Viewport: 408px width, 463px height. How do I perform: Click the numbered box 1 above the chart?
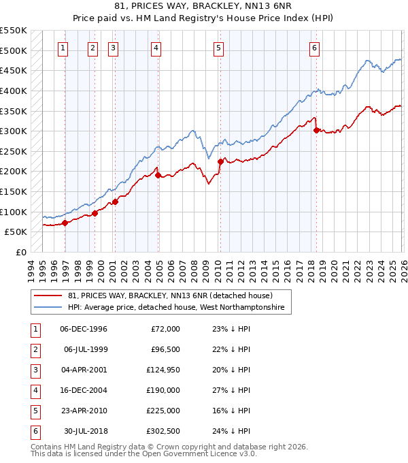click(63, 48)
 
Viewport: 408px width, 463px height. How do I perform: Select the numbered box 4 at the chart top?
click(156, 48)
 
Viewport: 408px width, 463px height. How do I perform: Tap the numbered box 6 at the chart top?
click(314, 48)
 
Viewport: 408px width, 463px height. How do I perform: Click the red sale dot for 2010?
click(220, 162)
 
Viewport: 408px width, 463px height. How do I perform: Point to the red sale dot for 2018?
click(317, 131)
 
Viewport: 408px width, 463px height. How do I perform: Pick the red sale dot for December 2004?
click(158, 176)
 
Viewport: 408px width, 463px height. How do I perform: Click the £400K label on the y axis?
click(13, 91)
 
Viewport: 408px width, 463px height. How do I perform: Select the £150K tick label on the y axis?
click(13, 191)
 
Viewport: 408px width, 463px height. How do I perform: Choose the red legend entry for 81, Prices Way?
click(170, 296)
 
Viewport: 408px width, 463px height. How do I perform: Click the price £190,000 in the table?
click(164, 390)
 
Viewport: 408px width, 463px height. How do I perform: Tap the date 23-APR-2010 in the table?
click(84, 411)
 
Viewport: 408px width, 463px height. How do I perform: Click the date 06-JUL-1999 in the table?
click(85, 349)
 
